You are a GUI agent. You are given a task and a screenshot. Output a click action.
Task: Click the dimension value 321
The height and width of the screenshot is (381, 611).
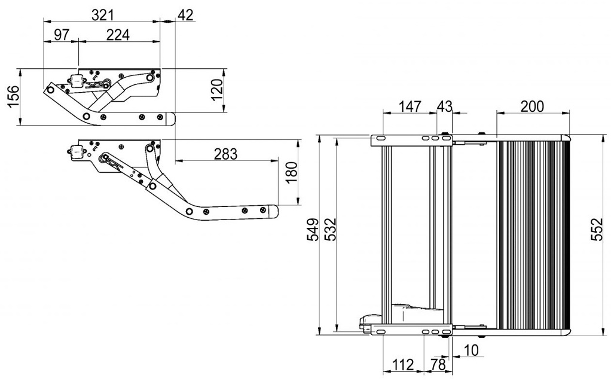(102, 15)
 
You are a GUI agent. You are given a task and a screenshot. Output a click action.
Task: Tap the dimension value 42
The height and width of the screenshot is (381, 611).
(185, 15)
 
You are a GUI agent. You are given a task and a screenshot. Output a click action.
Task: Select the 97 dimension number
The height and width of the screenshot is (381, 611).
(62, 35)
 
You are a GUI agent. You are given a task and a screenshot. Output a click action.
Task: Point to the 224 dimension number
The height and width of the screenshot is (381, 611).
(118, 35)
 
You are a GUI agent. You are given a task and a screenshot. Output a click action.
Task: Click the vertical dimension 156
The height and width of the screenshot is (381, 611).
(14, 97)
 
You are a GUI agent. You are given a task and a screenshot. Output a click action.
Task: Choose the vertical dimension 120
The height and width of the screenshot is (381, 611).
(216, 90)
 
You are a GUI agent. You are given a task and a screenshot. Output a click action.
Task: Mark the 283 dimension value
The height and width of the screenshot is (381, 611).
(225, 154)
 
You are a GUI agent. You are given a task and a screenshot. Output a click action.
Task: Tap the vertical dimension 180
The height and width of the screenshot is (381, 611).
(291, 173)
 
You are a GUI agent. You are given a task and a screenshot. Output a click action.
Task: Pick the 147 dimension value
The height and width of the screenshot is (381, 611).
(410, 106)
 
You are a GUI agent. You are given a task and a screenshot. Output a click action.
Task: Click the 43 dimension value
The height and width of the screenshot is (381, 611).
(445, 106)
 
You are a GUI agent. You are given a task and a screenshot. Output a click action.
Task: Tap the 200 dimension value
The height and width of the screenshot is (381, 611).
(532, 106)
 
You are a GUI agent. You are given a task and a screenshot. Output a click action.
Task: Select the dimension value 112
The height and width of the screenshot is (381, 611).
(403, 365)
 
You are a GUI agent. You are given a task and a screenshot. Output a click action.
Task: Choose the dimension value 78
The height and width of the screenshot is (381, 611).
(438, 365)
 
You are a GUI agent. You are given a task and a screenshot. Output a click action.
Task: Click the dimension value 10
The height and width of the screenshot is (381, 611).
(471, 350)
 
